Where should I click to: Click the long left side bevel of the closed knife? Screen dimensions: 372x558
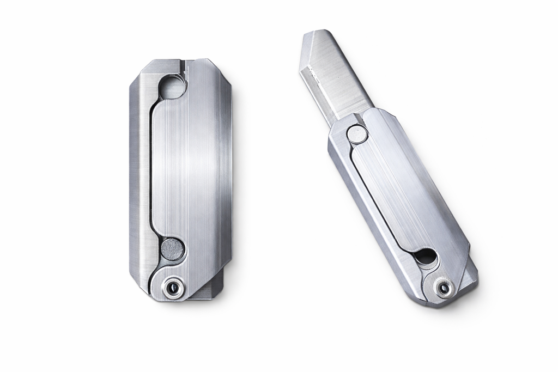[137, 180]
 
